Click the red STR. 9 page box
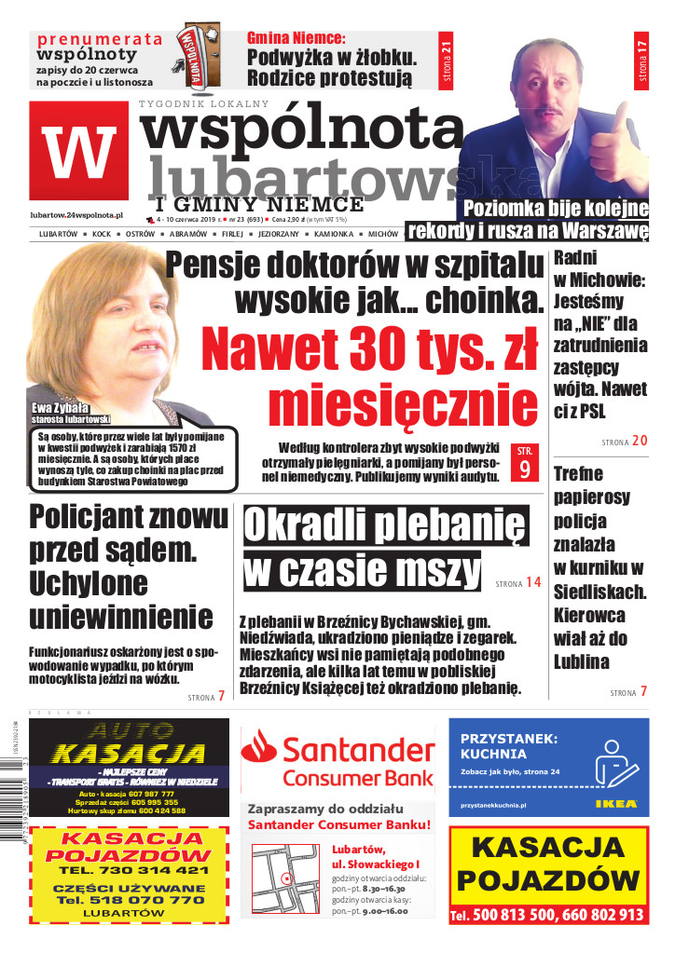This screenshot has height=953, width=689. [x=524, y=463]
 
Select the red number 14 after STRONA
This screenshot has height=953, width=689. [x=532, y=582]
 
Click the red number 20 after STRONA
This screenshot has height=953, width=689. [x=640, y=440]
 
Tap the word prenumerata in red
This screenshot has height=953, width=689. [x=99, y=39]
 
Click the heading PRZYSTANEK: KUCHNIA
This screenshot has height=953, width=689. [x=509, y=746]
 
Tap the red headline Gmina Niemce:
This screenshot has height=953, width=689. [x=296, y=38]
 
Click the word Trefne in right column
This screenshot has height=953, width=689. [x=578, y=473]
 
